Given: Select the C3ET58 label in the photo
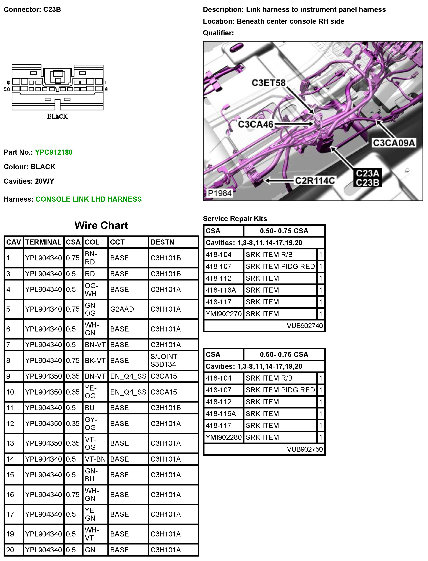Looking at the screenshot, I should coord(268,83).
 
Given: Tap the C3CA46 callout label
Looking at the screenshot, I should coord(255,124).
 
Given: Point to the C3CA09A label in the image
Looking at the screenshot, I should coord(394,143).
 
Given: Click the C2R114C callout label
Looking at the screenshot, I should coord(315,181).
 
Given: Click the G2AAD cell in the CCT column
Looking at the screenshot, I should coord(122,309).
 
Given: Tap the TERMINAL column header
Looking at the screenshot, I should coord(43,242).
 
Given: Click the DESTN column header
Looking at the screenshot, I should coord(162,242).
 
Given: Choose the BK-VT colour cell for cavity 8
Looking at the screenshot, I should coord(95,360).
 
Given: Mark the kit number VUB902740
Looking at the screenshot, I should coord(305,326).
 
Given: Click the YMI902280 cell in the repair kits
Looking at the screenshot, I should coord(224,437).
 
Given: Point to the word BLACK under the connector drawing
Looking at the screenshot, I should coord(57,117).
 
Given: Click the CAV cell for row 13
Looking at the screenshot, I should coord(10,443).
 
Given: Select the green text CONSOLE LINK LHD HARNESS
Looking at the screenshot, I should coord(88,199).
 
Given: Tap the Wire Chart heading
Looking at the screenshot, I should coord(101,225).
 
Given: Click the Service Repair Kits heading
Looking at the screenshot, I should coord(235,219).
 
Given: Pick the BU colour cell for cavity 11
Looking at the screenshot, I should coord(90,408).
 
